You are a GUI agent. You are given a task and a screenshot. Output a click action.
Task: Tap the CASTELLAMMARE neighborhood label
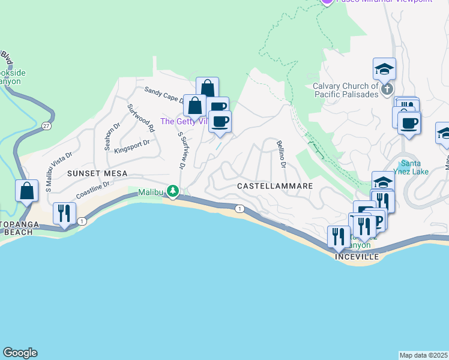click(275, 186)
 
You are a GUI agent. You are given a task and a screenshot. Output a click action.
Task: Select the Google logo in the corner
click(20, 353)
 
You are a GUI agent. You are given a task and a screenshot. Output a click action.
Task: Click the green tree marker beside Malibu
click(173, 191)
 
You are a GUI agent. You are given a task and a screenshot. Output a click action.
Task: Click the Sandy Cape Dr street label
click(163, 94)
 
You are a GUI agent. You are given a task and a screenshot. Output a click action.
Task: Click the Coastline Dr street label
click(93, 191)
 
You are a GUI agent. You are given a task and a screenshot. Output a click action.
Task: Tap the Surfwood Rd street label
click(141, 118)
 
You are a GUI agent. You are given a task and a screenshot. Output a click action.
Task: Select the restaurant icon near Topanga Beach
click(64, 214)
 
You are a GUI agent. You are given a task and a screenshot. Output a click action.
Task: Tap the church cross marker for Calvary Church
click(387, 90)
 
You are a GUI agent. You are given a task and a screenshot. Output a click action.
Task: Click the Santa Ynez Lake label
click(414, 168)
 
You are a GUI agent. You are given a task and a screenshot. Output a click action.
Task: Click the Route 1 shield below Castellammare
click(240, 208)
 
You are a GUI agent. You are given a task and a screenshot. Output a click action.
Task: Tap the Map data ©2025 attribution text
click(424, 355)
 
